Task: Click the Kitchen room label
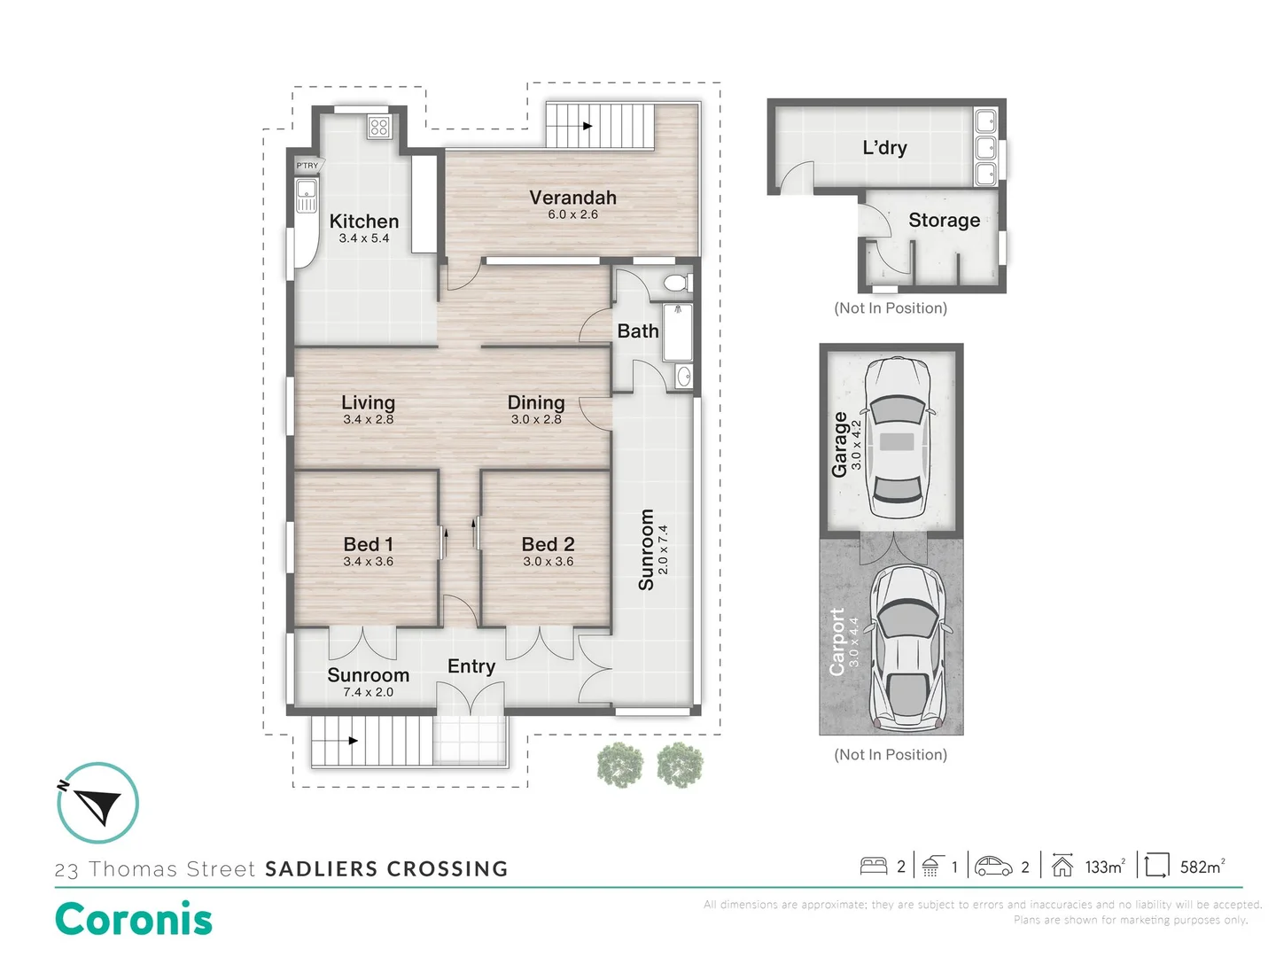point(364,221)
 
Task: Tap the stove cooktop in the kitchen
point(379,127)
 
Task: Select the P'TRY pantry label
point(307,166)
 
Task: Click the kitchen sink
point(307,195)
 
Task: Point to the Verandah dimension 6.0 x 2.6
point(572,214)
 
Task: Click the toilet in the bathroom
point(678,284)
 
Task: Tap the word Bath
point(638,331)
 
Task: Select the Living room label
point(368,402)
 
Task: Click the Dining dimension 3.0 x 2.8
point(536,419)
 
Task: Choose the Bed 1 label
point(368,544)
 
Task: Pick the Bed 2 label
point(548,544)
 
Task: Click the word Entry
point(471,666)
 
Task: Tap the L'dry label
point(884,148)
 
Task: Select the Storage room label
point(944,221)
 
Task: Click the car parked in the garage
point(897,438)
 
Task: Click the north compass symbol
point(97,803)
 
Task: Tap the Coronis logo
point(134,919)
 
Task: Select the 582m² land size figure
point(1202,867)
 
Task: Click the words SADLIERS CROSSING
point(386,868)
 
